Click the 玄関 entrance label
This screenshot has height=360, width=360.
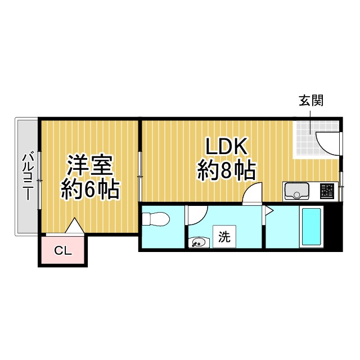pos(311,101)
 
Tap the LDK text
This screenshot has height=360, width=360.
pos(226,147)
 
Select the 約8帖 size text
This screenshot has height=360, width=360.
pos(226,169)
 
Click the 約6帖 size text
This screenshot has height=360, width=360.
pos(90,190)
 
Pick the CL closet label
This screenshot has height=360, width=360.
pos(63,251)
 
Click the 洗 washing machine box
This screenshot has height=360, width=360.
pos(224,237)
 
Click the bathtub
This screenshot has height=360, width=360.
pos(311,227)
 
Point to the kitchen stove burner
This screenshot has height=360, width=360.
pos(327,191)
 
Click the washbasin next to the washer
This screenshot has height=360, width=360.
pos(197,243)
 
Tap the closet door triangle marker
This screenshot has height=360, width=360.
pos(75,226)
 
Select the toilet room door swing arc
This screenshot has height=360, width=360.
pos(197,214)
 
